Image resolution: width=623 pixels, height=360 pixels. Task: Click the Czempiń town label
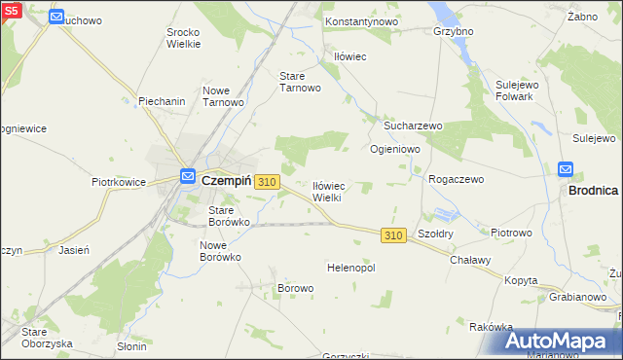227,180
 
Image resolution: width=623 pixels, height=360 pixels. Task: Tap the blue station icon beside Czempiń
189,176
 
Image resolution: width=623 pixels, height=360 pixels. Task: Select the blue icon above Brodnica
566,169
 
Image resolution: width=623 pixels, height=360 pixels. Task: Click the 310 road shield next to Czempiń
269,182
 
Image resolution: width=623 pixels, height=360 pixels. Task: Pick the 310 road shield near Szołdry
393,235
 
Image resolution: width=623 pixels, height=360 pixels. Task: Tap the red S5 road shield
11,10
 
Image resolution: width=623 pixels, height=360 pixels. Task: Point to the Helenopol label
351,268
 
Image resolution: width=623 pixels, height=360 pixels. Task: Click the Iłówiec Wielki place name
327,191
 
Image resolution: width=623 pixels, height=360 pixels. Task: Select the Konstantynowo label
361,20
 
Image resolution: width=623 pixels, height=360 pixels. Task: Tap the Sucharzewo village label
413,126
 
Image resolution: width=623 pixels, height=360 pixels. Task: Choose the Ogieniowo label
394,149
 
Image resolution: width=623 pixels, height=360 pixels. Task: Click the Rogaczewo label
457,179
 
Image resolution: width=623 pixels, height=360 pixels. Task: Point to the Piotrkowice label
119,182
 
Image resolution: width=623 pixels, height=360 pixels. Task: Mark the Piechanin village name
162,100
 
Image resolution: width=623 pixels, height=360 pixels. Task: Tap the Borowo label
296,288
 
